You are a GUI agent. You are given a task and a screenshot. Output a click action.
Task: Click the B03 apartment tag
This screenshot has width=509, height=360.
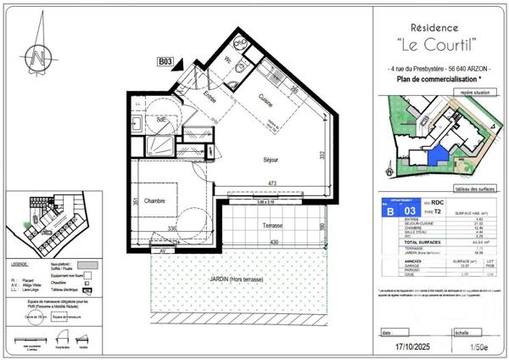pos(166,61)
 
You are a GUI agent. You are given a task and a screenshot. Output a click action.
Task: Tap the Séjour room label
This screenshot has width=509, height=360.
pos(271,159)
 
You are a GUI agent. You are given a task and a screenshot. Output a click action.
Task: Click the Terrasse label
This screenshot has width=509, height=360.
pos(272,227)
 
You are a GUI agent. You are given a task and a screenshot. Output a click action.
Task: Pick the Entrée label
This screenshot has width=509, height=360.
pos(209,99)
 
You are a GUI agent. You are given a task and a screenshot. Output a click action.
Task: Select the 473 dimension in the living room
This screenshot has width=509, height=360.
pos(269,183)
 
